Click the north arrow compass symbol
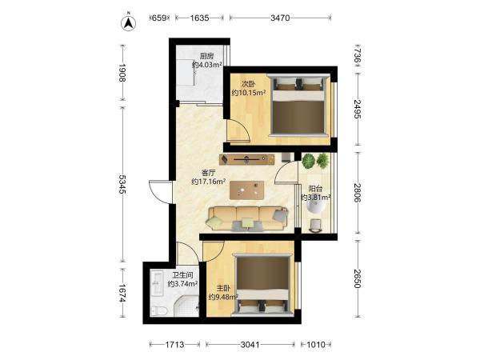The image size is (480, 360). (129, 23)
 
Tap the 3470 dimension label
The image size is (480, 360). (280, 18)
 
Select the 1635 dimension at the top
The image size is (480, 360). (199, 18)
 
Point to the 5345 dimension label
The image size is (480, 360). (122, 184)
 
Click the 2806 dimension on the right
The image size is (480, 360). (358, 193)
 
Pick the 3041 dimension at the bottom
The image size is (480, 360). (250, 345)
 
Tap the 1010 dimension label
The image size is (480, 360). (316, 345)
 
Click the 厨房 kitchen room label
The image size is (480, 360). (206, 56)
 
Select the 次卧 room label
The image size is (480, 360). (248, 84)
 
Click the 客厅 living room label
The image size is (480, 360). (208, 173)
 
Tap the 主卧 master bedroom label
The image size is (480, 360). (223, 288)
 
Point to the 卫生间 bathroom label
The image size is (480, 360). (182, 275)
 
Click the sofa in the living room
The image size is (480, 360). (248, 218)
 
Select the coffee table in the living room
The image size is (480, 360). (246, 190)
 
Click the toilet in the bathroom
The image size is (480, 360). (159, 311)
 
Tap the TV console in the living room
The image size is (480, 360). (246, 159)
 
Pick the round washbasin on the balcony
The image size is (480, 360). (316, 203)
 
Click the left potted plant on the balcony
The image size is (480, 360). (308, 161)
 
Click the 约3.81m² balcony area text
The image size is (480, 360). (316, 197)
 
